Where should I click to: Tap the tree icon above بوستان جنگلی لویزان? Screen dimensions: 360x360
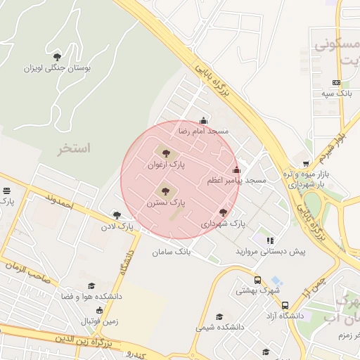pyautogui.click(x=58, y=57)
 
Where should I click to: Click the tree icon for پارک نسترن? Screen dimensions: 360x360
pyautogui.click(x=166, y=189)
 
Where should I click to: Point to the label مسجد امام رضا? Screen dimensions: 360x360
pyautogui.click(x=204, y=131)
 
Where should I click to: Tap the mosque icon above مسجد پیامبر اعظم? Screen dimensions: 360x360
pyautogui.click(x=236, y=169)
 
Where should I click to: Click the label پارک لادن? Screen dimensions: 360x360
pyautogui.click(x=117, y=226)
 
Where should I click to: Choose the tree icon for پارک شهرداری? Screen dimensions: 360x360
pyautogui.click(x=224, y=212)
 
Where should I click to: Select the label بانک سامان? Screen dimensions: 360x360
pyautogui.click(x=172, y=251)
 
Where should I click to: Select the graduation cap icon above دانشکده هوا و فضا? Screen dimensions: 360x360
pyautogui.click(x=91, y=285)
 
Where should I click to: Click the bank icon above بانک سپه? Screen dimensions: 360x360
pyautogui.click(x=335, y=82)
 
